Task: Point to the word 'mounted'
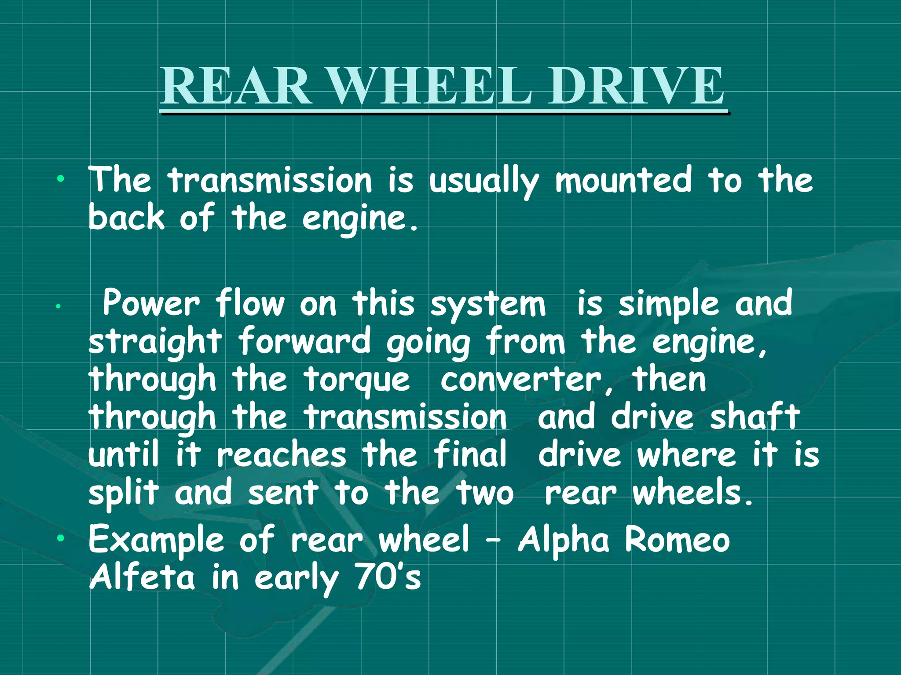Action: tap(623, 180)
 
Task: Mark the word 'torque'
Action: tap(357, 381)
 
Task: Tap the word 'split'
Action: tap(124, 493)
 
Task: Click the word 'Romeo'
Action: tap(678, 539)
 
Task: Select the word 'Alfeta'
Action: tap(142, 577)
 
